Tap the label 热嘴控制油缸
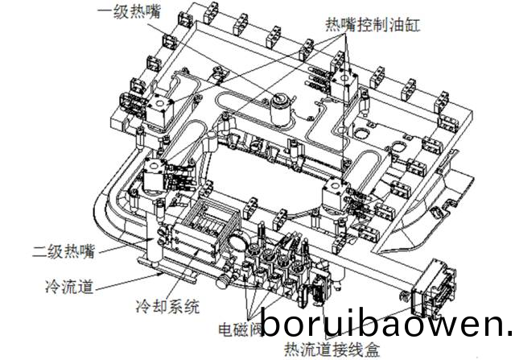375,24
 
